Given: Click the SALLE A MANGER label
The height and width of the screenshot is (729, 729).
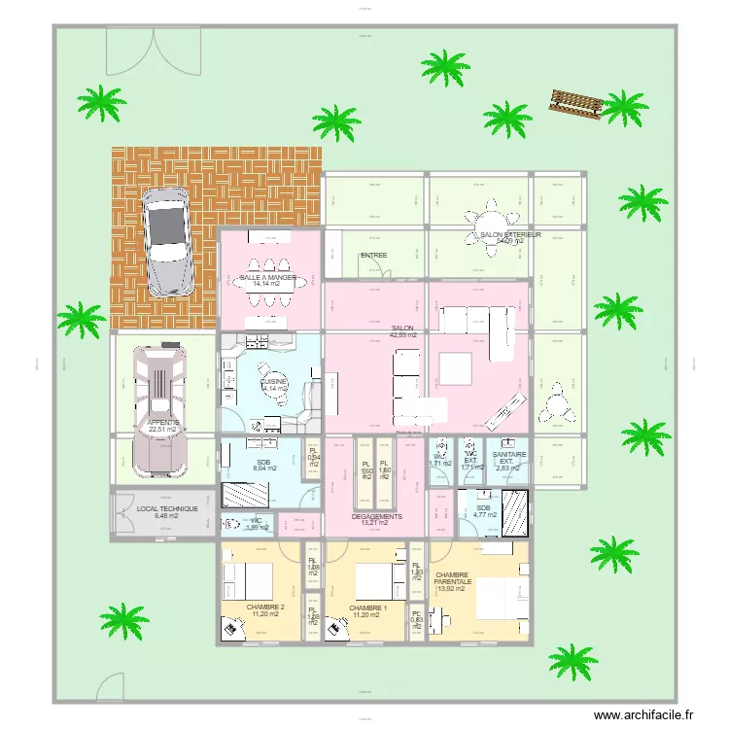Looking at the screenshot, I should pyautogui.click(x=267, y=278).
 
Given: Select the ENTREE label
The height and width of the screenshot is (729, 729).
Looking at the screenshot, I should pyautogui.click(x=373, y=256).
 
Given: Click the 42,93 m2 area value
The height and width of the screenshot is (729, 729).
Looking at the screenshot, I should pyautogui.click(x=402, y=335).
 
